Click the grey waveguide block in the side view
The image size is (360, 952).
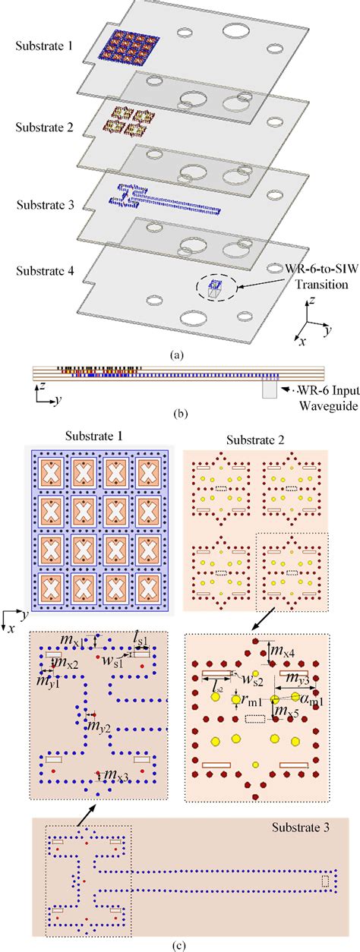click(x=270, y=388)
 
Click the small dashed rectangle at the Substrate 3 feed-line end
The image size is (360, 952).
click(x=326, y=881)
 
